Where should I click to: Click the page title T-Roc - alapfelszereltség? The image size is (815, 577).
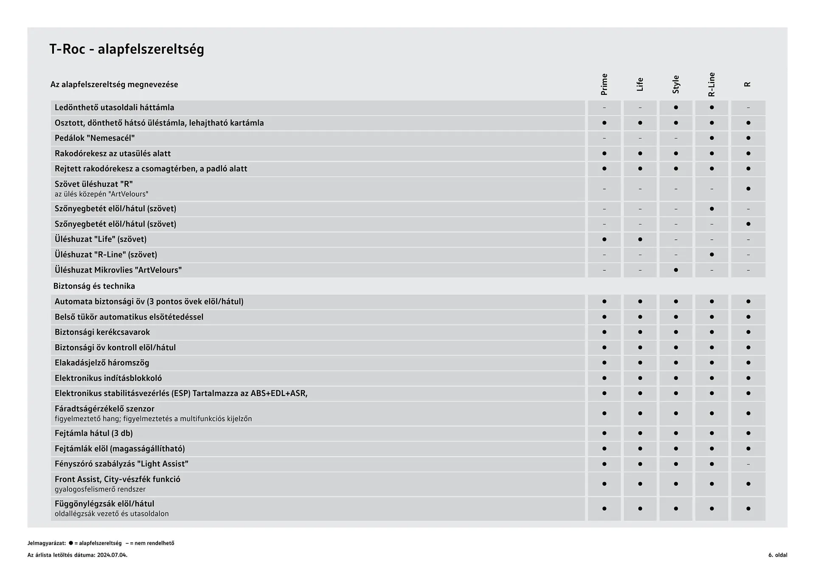(x=126, y=49)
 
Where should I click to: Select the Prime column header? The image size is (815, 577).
(x=604, y=84)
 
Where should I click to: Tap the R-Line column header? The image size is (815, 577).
(x=711, y=84)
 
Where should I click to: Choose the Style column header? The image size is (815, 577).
(x=676, y=84)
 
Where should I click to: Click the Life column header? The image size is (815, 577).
(x=640, y=84)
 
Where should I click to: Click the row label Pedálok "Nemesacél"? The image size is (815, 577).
(x=95, y=138)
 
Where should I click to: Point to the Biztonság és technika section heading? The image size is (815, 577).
(x=94, y=286)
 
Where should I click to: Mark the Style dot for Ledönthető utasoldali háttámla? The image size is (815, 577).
(x=676, y=107)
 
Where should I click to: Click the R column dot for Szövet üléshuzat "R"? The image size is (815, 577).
(x=748, y=189)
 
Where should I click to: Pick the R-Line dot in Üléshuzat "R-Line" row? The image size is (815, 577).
(x=712, y=255)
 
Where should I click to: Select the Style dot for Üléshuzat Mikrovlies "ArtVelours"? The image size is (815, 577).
(x=676, y=270)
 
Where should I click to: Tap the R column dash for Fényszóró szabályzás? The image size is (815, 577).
(x=748, y=464)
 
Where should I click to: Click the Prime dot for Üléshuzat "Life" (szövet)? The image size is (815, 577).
(x=604, y=239)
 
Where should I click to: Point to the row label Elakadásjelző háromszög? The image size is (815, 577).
(x=102, y=363)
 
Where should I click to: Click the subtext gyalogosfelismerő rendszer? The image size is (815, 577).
(x=100, y=489)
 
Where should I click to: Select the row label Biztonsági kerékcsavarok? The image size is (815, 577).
(x=102, y=332)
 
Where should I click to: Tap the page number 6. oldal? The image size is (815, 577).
(x=778, y=555)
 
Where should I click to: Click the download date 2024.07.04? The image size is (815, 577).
(x=112, y=555)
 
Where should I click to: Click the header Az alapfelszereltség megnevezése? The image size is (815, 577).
(x=114, y=84)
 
